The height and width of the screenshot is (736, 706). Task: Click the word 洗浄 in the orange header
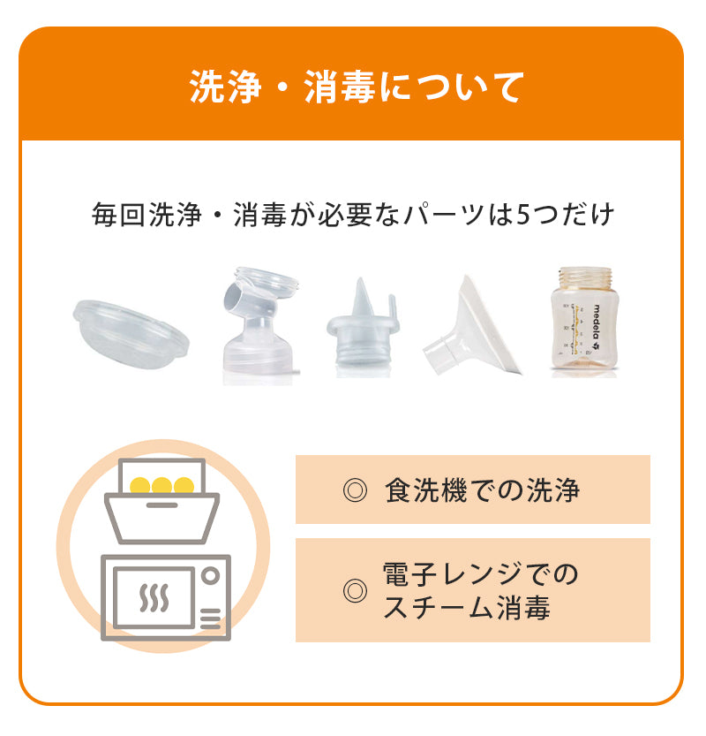coord(226,87)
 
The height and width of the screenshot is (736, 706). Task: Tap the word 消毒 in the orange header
coord(340,87)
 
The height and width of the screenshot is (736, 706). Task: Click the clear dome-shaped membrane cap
coord(131,334)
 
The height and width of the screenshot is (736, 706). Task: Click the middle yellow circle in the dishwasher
coord(161,485)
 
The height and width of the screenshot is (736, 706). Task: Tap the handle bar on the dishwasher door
coord(161,505)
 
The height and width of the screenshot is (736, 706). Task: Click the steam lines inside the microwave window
coord(154,597)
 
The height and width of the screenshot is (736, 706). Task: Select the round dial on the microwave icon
coord(211,575)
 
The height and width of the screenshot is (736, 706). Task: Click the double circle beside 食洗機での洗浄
coord(355,490)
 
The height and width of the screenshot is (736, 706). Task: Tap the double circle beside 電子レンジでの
coord(355,590)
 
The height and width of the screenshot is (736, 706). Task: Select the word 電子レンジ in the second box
coord(453,573)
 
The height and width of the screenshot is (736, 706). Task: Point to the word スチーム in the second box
coord(439,607)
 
